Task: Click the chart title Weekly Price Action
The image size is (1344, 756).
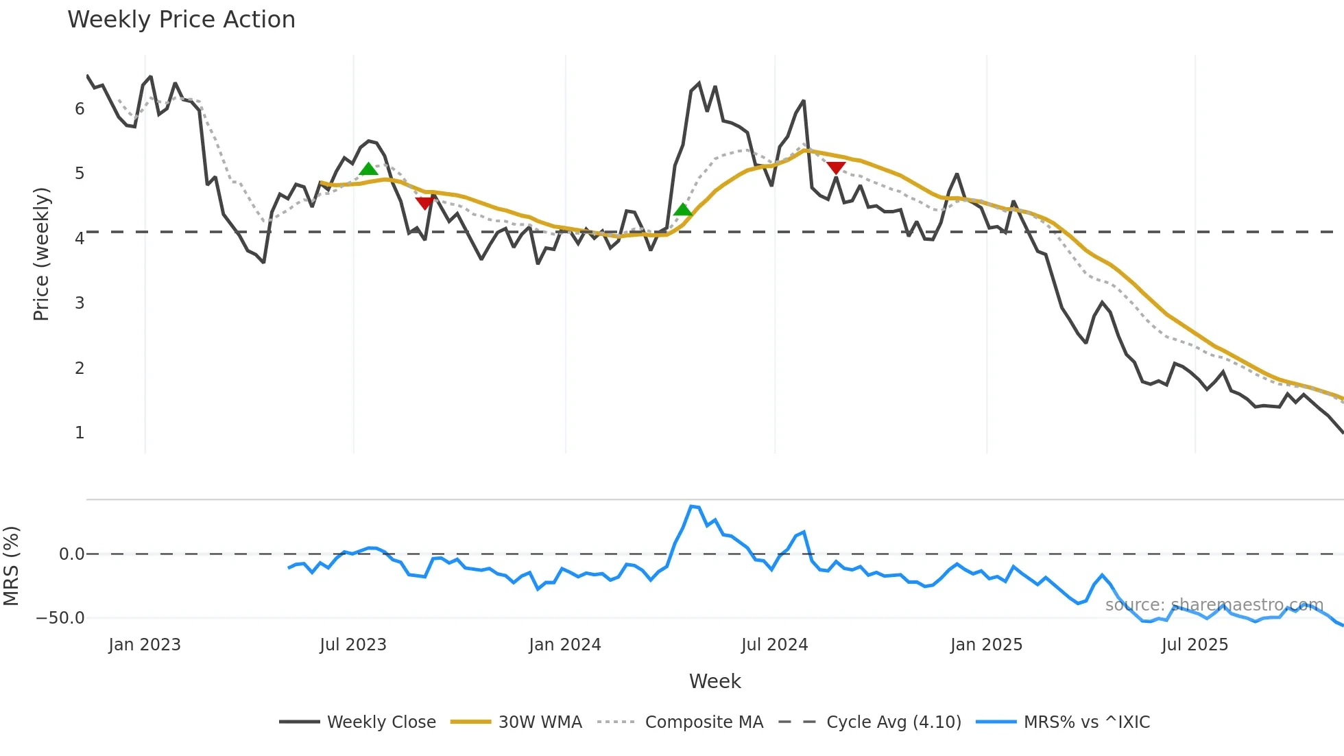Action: coord(181,20)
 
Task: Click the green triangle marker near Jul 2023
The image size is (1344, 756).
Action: coord(368,169)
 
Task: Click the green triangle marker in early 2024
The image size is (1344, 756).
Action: coord(683,210)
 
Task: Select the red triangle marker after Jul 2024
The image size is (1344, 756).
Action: coord(836,168)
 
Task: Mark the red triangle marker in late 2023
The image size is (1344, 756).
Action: coord(424,203)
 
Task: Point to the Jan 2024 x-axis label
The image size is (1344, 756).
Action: coord(565,645)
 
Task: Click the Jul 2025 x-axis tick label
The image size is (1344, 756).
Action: coord(1195,645)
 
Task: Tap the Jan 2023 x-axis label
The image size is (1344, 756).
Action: coord(145,645)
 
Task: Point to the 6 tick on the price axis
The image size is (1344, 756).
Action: coord(80,109)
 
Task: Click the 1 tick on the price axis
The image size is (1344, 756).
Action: coord(80,433)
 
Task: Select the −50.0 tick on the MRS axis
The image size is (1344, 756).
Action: coord(60,618)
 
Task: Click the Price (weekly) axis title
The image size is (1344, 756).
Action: coord(41,254)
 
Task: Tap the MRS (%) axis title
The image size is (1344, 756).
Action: coord(11,566)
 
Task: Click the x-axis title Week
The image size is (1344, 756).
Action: coord(715,681)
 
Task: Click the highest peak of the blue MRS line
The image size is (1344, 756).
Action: coord(691,506)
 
